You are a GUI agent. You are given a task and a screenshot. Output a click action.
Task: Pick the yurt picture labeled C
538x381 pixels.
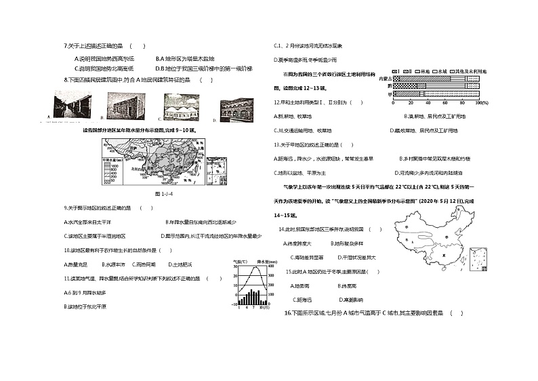[x=180, y=107]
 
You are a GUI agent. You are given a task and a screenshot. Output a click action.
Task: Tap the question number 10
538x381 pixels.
[x=66, y=249]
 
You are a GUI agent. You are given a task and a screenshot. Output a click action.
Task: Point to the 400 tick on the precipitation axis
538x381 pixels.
[x=271, y=265]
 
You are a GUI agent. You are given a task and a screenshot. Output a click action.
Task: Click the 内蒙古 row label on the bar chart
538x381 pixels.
[x=385, y=79]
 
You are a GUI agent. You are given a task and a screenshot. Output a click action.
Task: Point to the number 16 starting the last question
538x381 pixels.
[x=288, y=313]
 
